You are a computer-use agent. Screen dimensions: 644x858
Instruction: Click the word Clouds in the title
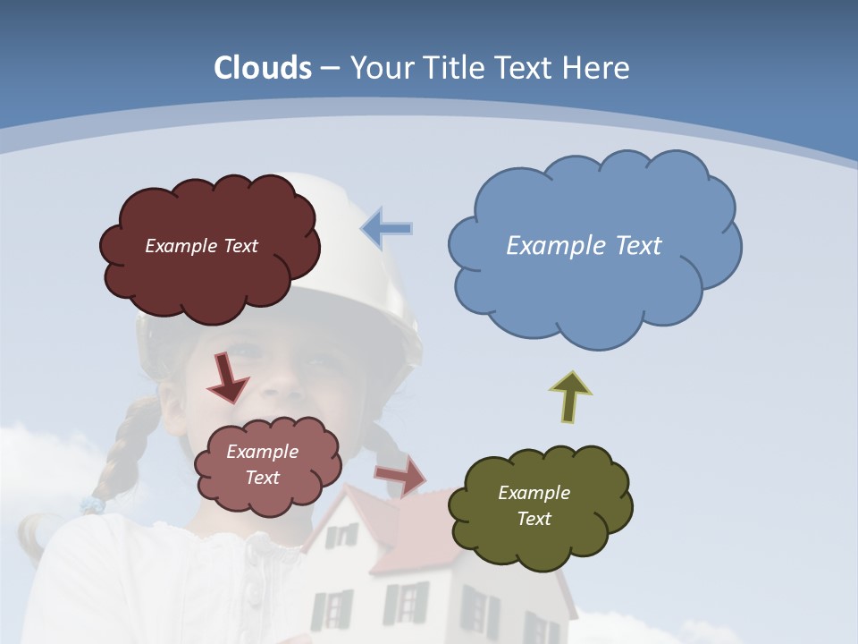(263, 68)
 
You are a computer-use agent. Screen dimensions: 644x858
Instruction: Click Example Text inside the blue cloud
(584, 245)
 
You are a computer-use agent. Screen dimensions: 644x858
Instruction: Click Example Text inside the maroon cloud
(201, 246)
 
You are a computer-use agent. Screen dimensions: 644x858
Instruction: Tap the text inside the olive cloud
(534, 505)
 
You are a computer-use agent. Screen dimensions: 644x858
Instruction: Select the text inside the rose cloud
(262, 464)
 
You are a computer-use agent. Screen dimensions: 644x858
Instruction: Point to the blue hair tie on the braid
(92, 505)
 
